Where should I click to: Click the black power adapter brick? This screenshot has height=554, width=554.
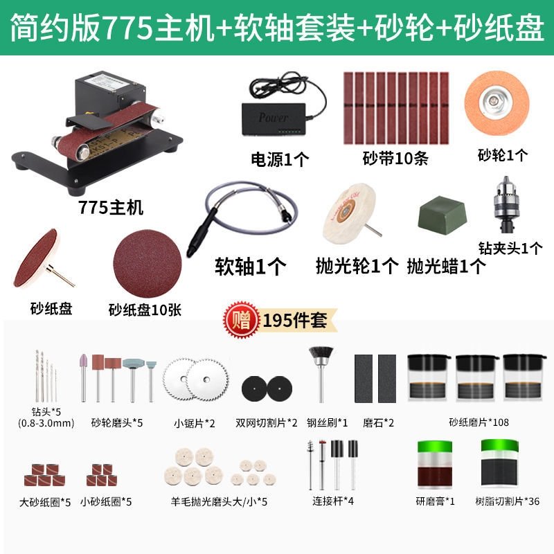point(274,118)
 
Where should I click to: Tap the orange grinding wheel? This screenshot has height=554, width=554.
point(497,102)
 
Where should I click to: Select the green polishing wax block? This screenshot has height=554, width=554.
point(442,215)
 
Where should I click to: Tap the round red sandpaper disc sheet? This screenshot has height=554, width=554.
point(148,263)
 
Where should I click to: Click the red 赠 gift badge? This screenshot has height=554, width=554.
point(241,319)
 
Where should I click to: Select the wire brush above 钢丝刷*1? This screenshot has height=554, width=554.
point(321,374)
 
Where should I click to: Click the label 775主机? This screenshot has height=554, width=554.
point(111,207)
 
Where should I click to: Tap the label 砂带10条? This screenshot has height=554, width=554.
point(395,159)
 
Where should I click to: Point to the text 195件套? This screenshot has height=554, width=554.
point(295,320)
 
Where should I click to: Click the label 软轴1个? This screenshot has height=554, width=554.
point(251,266)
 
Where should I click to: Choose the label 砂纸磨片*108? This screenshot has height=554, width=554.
point(479,422)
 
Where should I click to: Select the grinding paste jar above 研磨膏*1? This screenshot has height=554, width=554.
point(435,464)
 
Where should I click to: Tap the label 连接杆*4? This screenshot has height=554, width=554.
point(333,501)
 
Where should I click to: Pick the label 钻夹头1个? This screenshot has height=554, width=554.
point(510,249)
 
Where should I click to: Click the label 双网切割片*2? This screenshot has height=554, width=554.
point(267,422)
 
